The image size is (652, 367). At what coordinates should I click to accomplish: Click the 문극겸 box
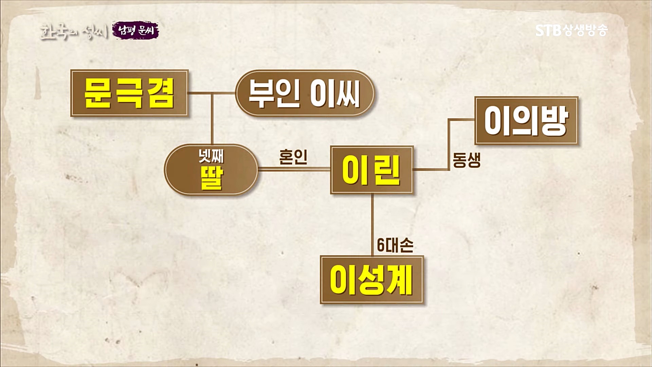point(129,93)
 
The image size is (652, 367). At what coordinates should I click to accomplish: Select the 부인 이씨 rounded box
point(305,93)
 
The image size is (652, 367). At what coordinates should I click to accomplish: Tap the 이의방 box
point(526,121)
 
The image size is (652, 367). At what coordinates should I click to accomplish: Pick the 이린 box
point(372,170)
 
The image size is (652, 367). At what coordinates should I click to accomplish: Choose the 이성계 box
point(372,280)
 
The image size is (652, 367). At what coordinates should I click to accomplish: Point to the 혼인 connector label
point(293,157)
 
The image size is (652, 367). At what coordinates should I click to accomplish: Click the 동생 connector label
point(467,160)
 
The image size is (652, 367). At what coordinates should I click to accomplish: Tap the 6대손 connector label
point(395,245)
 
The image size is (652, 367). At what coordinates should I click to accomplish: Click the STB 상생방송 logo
point(571,31)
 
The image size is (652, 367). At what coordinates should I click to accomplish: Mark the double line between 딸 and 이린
point(294,169)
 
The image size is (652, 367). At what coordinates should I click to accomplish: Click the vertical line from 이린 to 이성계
point(372,224)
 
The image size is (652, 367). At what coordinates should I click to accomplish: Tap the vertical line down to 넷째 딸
point(212,119)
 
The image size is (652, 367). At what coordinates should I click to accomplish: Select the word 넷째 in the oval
point(211,157)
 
